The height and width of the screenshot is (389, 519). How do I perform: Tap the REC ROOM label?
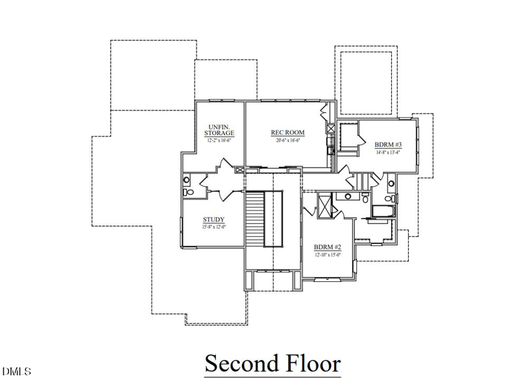coord(287,133)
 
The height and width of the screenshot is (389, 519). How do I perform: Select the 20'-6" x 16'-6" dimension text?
coord(287,140)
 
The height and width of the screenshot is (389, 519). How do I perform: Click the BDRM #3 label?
coord(389,144)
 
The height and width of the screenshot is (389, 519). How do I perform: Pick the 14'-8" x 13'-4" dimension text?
coord(389,153)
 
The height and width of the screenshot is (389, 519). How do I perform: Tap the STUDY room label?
coord(213,220)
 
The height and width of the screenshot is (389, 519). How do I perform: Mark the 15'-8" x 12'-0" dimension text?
coord(213,227)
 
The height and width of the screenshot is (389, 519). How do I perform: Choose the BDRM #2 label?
coord(328,247)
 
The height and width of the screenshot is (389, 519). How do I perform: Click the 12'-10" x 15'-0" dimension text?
coord(328,255)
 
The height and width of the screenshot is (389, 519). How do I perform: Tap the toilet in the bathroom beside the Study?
coord(187,192)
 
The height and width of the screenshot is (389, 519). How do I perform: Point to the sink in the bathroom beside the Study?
coord(187,180)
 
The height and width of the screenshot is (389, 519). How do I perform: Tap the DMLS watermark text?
coord(17,372)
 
